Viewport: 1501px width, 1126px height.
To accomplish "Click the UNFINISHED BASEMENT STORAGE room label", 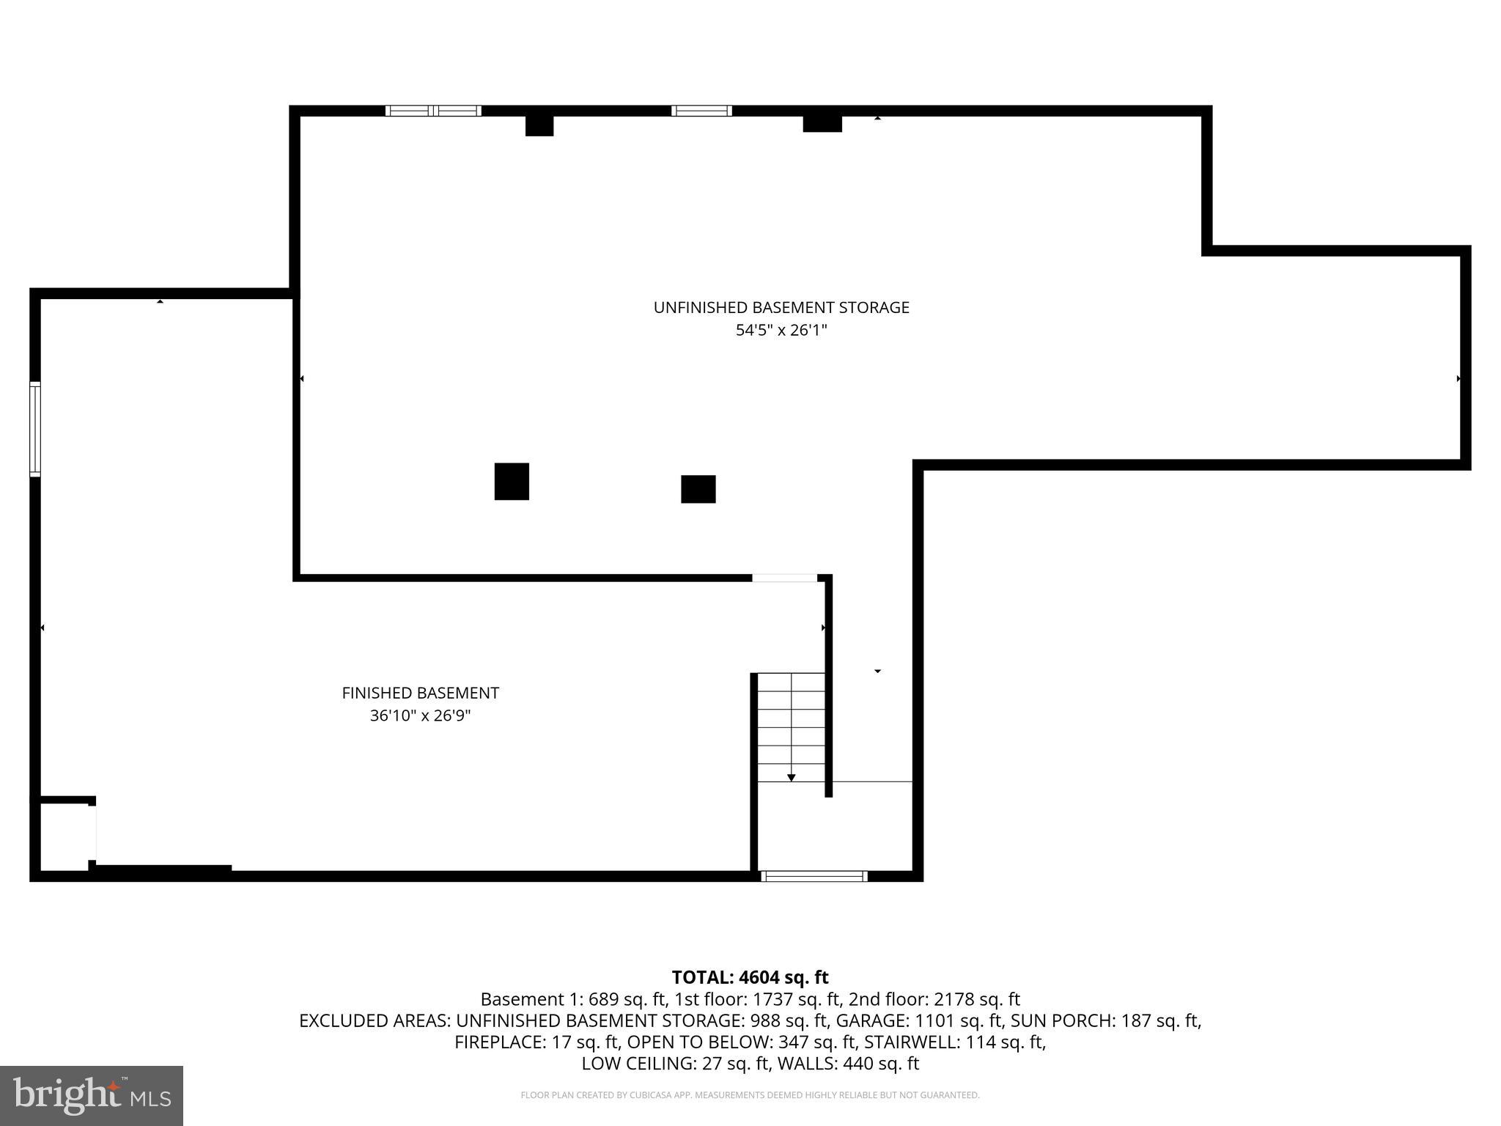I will point(781,308).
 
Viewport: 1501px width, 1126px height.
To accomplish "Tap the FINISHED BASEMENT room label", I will point(420,693).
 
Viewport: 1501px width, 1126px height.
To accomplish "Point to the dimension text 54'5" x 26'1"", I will point(781,331).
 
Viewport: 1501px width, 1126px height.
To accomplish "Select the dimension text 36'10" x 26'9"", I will point(420,715).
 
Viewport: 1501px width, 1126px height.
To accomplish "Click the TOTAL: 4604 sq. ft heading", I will point(750,977).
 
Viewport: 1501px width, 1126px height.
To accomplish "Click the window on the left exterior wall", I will point(34,429).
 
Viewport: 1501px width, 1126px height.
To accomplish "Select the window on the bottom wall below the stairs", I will point(814,876).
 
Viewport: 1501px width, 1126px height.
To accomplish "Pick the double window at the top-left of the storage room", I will point(433,111).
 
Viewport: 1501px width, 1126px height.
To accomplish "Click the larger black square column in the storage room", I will point(512,482).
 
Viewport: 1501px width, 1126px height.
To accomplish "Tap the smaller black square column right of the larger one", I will point(698,489).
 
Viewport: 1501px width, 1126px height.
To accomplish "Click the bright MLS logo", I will point(92,1095).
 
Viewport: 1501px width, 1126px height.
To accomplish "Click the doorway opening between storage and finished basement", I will point(784,578).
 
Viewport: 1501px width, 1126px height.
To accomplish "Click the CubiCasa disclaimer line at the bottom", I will point(750,1095).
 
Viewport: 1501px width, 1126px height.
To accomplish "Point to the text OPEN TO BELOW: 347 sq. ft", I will point(742,1042).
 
